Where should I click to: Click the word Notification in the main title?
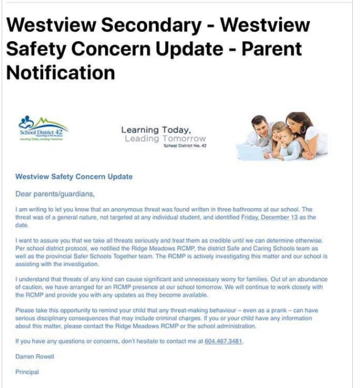point(60,72)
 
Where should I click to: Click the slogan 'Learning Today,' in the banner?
point(156,130)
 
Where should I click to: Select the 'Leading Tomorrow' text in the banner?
point(165,139)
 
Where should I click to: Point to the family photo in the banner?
point(282,136)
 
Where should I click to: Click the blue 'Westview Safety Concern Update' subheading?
point(74,177)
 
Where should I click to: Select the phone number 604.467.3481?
point(223,341)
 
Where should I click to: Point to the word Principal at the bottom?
point(27,372)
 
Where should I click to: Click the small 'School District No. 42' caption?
point(185,146)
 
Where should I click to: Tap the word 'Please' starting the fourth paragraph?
point(24,311)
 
